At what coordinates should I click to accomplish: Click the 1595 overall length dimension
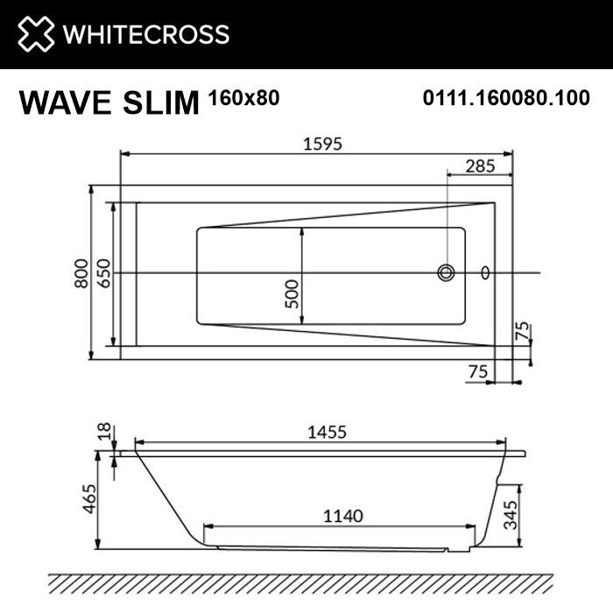coord(316,143)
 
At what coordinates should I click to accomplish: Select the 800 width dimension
coord(81,272)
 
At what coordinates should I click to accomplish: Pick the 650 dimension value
coord(104,274)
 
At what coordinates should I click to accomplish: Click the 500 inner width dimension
coord(292,290)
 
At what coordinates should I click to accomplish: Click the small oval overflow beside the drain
coord(486,273)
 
